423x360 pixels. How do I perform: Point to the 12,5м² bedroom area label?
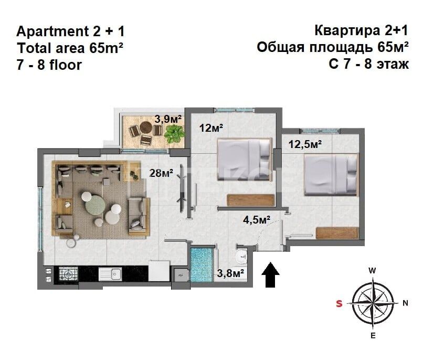point(304,142)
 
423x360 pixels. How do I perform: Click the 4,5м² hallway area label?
point(256,219)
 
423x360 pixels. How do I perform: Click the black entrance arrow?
point(271,276)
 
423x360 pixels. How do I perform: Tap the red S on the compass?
point(339,303)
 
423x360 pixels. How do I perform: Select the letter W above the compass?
point(372,271)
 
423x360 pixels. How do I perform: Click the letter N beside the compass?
point(405,303)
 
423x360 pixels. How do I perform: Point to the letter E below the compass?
point(373,336)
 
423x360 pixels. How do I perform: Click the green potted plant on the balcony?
point(173,134)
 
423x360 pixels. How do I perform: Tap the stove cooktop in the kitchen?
point(68,273)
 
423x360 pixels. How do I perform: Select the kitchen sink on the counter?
point(112,273)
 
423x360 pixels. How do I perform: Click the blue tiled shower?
point(202,265)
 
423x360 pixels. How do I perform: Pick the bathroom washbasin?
point(241,257)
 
